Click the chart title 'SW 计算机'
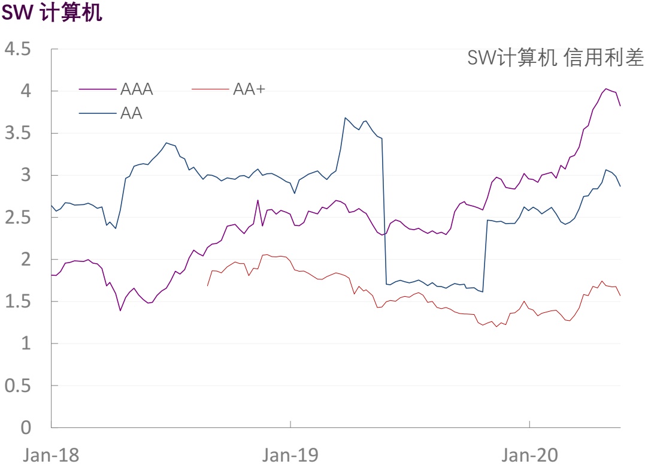[x=52, y=13]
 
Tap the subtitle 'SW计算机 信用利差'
[x=555, y=58]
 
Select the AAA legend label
[x=137, y=89]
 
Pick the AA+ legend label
[x=249, y=89]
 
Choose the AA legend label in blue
[x=131, y=113]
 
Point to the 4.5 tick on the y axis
[x=18, y=49]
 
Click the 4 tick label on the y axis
[x=25, y=91]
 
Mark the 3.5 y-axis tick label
[x=18, y=133]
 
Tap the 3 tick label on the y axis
[x=25, y=175]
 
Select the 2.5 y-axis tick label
[x=18, y=217]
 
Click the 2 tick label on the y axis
[x=25, y=260]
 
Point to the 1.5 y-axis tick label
[x=18, y=302]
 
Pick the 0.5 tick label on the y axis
[x=18, y=385]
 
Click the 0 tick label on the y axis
[x=25, y=427]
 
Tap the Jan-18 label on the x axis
[x=51, y=454]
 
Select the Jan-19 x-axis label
[x=290, y=454]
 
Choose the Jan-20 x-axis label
[x=530, y=454]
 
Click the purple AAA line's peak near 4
[x=606, y=89]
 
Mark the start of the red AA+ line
[x=207, y=285]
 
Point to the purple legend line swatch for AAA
[x=98, y=90]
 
